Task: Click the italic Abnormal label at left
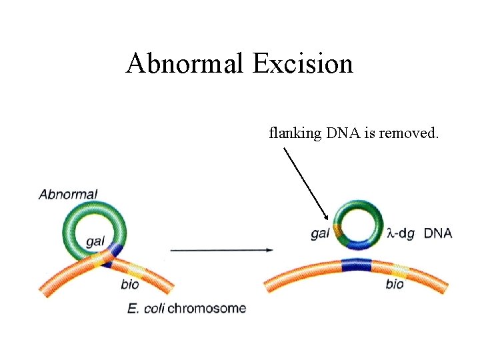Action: point(68,195)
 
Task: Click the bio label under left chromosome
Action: point(131,285)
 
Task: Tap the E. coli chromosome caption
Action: point(186,308)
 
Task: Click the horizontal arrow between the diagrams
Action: point(221,250)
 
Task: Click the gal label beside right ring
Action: point(320,233)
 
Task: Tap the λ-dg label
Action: point(401,233)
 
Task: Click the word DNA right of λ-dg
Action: point(438,233)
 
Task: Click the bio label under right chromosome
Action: point(395,285)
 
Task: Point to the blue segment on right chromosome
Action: point(355,265)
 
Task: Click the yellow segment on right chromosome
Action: point(399,270)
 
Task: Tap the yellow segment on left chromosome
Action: point(135,269)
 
